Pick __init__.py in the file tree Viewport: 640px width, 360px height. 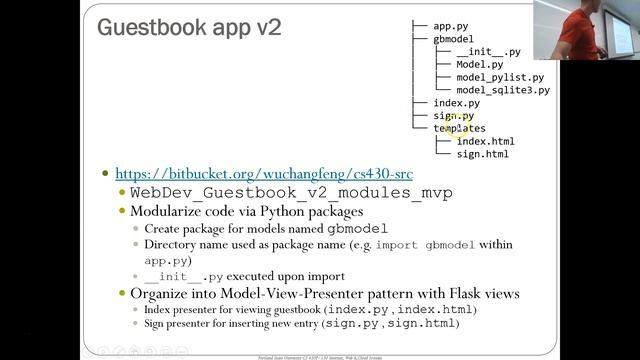click(488, 52)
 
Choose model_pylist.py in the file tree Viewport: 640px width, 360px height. click(500, 78)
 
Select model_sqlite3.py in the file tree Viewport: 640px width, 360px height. click(503, 91)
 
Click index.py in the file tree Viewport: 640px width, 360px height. click(456, 103)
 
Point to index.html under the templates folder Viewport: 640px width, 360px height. click(485, 142)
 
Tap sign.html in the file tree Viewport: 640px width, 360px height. click(482, 155)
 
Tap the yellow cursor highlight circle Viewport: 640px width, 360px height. click(457, 124)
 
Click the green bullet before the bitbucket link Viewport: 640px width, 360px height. click(106, 173)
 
